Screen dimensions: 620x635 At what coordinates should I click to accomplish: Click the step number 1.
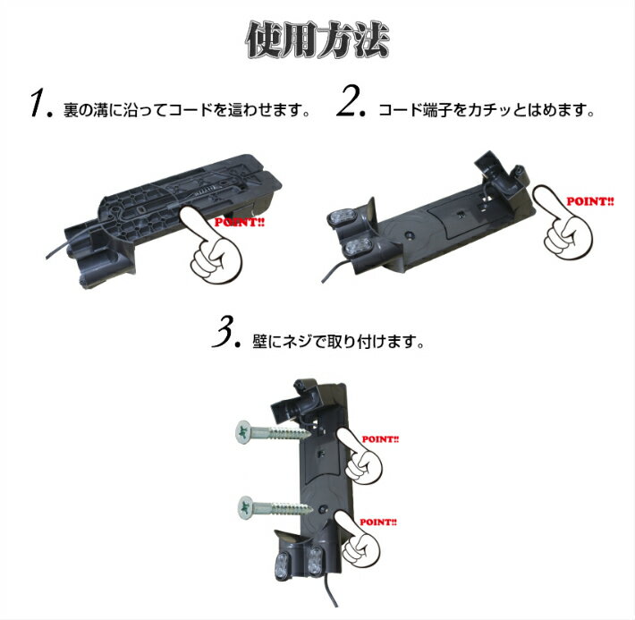click(40, 106)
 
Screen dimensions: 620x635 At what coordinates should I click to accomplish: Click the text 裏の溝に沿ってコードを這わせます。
click(187, 111)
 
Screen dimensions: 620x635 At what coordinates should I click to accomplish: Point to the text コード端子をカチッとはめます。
click(487, 111)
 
